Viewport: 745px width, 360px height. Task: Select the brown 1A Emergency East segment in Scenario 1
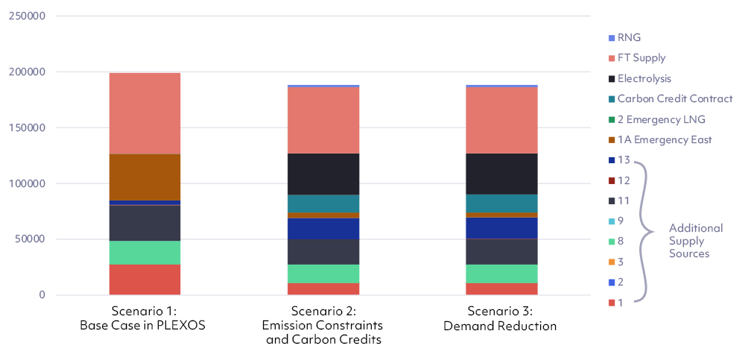coord(145,177)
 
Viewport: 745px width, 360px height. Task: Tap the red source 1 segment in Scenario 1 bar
coord(145,280)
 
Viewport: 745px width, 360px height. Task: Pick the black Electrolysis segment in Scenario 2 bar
coord(323,174)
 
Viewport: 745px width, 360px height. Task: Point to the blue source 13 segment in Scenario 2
coord(323,229)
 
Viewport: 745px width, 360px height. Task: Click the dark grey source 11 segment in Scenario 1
coord(145,223)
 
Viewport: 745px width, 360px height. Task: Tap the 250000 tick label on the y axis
coord(27,16)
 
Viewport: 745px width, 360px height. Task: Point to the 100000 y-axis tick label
coord(27,183)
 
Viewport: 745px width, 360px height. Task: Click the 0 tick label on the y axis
coord(42,295)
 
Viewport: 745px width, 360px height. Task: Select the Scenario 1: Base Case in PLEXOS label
coord(145,318)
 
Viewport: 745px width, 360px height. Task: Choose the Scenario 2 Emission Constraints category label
coord(323,326)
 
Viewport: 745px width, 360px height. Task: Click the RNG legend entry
coord(629,37)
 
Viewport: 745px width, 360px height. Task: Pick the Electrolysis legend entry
coord(644,78)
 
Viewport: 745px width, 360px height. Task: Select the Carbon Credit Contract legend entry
coord(674,98)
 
